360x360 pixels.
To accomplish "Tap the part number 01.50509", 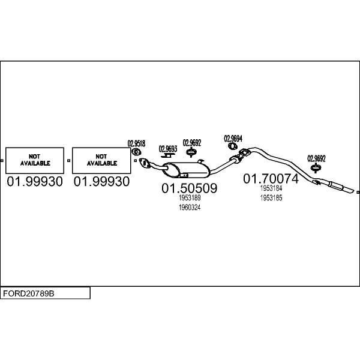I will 189,188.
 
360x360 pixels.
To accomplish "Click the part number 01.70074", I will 270,179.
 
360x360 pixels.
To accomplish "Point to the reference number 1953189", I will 190,197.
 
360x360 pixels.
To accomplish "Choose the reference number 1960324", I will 190,207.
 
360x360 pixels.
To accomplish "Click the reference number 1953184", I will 271,188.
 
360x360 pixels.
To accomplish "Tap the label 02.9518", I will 136,143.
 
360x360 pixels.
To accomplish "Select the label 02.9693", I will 168,149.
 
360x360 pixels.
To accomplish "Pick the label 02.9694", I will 233,138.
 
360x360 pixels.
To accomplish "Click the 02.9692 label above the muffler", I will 192,143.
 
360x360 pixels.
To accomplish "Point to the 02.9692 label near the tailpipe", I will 316,158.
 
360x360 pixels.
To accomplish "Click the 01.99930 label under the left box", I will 35,181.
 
